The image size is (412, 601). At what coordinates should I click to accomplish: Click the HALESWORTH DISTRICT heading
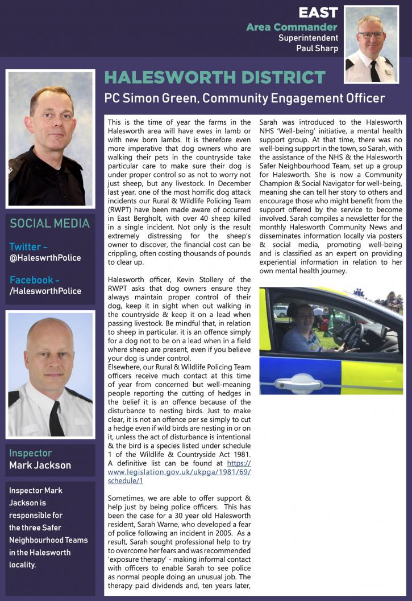coord(215,78)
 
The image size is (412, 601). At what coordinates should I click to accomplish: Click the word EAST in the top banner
coord(318,12)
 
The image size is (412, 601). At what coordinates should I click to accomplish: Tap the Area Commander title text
coord(292,27)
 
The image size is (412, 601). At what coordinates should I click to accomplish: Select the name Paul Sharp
coord(317,48)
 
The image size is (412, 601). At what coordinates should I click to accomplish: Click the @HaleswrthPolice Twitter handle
coord(45,258)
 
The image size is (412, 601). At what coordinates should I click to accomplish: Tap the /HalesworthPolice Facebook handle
coord(45,291)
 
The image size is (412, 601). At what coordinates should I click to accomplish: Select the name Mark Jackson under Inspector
coord(40,466)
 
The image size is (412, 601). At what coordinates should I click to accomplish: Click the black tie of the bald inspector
coord(56,418)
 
